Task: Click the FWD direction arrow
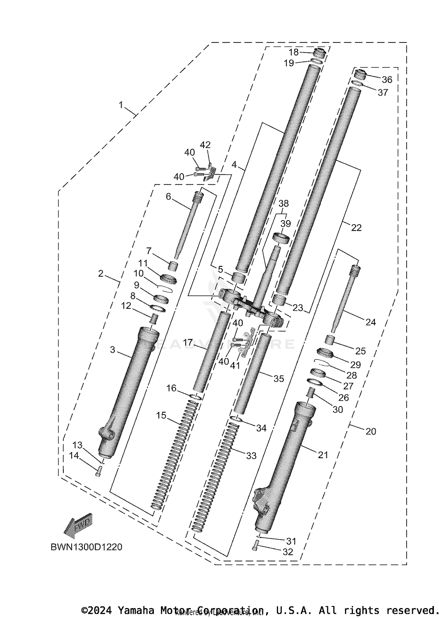(x=78, y=526)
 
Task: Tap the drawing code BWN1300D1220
(x=86, y=547)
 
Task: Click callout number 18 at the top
(x=294, y=52)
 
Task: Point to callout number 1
(x=121, y=105)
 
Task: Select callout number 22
(x=356, y=227)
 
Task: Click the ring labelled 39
(x=281, y=238)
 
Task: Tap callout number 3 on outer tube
(x=113, y=349)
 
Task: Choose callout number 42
(x=205, y=145)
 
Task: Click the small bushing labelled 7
(x=174, y=266)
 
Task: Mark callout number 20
(x=371, y=431)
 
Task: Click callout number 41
(x=235, y=365)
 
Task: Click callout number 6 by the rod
(x=168, y=196)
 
